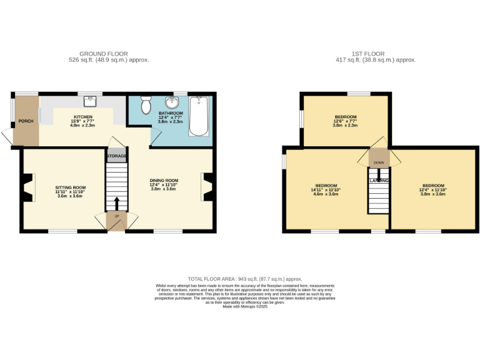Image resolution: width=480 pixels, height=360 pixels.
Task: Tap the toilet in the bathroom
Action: (x=146, y=106)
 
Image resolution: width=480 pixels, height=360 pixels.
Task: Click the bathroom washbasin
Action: (x=169, y=102)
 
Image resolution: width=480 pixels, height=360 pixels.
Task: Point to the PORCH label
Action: (x=26, y=121)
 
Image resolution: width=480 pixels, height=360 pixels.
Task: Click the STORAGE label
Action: (x=116, y=155)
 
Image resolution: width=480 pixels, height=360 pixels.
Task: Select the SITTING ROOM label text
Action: (x=70, y=187)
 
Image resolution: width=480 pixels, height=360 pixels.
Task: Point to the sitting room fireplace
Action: (x=27, y=187)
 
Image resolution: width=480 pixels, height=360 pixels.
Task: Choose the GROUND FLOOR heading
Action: (x=99, y=54)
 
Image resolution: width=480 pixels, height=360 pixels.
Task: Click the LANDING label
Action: (x=379, y=181)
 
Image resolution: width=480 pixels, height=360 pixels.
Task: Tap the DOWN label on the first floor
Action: (x=379, y=162)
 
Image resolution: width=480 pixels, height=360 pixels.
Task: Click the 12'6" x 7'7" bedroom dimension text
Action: (x=345, y=121)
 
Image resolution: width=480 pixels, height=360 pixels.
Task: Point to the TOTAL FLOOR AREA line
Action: (x=245, y=279)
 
